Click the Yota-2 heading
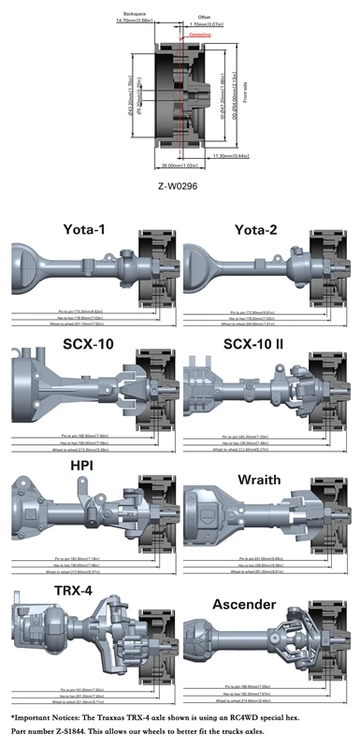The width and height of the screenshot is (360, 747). pos(263,229)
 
